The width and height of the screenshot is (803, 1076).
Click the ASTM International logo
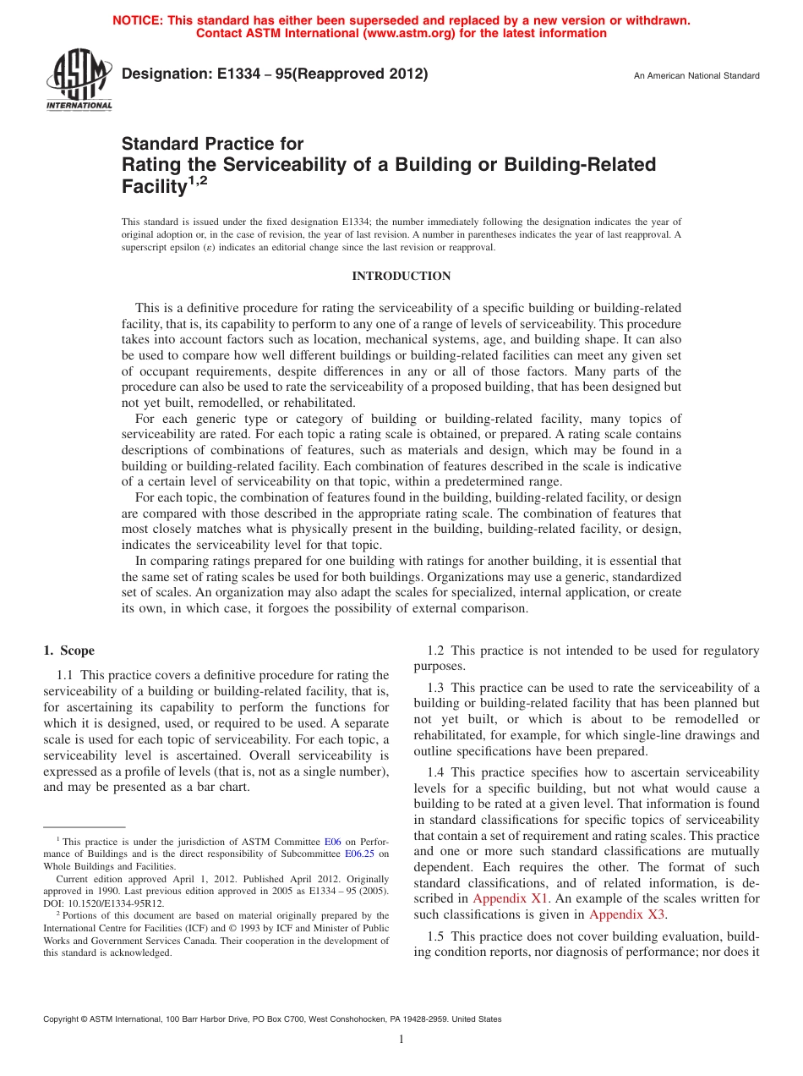click(x=78, y=81)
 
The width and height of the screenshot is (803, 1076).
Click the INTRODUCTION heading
click(x=401, y=277)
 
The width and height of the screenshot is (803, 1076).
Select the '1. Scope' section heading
click(x=69, y=651)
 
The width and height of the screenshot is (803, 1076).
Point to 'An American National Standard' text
click(x=696, y=76)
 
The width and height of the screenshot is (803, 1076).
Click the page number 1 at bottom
click(x=401, y=1040)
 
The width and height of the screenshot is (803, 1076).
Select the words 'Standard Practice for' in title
click(x=212, y=144)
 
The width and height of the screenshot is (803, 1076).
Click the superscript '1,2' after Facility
click(x=197, y=180)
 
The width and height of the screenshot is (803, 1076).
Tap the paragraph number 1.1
click(x=66, y=675)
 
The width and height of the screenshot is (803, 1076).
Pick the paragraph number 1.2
click(x=437, y=651)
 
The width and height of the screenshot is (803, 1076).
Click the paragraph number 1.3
click(x=437, y=689)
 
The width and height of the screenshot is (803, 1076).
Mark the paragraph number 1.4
click(x=437, y=772)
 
